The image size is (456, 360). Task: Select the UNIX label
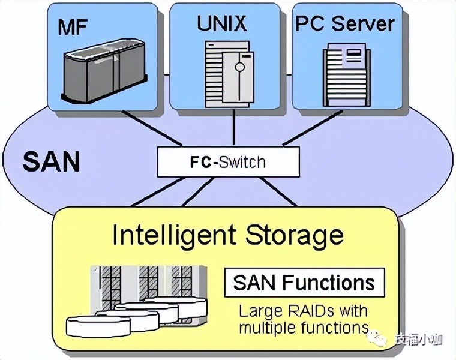[221, 23]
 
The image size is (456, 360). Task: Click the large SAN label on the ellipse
[51, 161]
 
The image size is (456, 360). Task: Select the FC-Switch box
[228, 162]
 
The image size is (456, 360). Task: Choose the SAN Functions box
[304, 282]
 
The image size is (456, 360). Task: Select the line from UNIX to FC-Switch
[226, 129]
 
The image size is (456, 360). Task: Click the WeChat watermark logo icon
[379, 339]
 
